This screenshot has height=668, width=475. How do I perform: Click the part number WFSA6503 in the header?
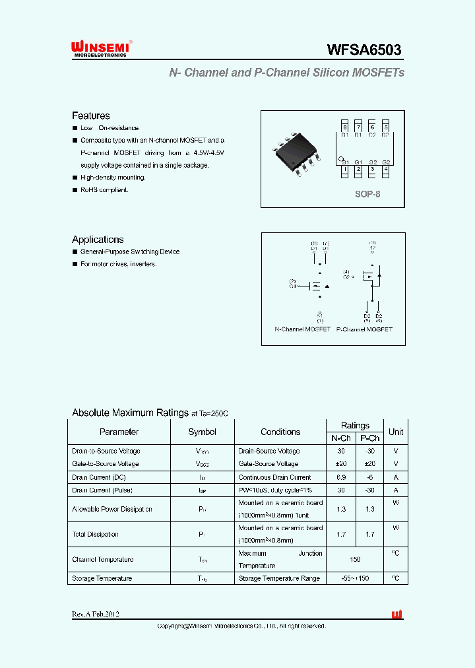[x=364, y=50]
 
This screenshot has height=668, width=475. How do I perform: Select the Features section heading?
[x=90, y=116]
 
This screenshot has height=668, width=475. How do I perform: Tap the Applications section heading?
[x=98, y=240]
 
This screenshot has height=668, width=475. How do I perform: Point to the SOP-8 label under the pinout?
[x=367, y=195]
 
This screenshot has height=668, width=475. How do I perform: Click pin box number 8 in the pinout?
[x=344, y=127]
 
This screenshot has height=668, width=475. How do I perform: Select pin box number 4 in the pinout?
[x=385, y=170]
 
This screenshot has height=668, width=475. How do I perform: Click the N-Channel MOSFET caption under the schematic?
[x=302, y=329]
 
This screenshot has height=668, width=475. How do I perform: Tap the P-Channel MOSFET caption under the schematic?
[x=364, y=329]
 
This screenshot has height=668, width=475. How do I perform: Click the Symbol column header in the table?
[x=202, y=432]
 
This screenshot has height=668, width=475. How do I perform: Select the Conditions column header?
[x=280, y=432]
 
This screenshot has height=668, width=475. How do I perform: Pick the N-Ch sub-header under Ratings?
[x=340, y=438]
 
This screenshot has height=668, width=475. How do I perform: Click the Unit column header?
[x=396, y=432]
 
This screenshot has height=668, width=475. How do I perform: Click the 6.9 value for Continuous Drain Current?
[x=341, y=477]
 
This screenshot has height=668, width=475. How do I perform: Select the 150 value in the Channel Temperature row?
[x=356, y=559]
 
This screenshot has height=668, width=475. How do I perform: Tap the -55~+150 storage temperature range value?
[x=356, y=578]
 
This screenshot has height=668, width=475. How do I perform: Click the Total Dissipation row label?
[x=95, y=534]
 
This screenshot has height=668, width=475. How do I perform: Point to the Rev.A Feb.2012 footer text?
[x=96, y=614]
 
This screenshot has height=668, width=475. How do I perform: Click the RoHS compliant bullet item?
[x=104, y=190]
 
